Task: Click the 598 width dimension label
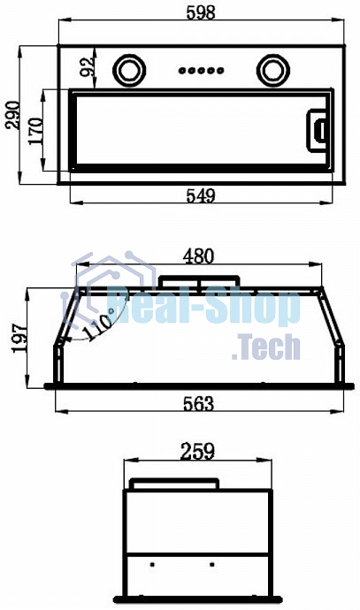pyautogui.click(x=201, y=12)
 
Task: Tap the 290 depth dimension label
pyautogui.click(x=12, y=115)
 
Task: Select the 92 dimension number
pyautogui.click(x=87, y=66)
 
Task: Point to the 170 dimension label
pyautogui.click(x=35, y=131)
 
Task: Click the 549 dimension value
pyautogui.click(x=201, y=195)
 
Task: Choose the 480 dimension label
pyautogui.click(x=198, y=256)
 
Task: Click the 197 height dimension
pyautogui.click(x=20, y=338)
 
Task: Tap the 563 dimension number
pyautogui.click(x=198, y=404)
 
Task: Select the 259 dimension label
pyautogui.click(x=197, y=452)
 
